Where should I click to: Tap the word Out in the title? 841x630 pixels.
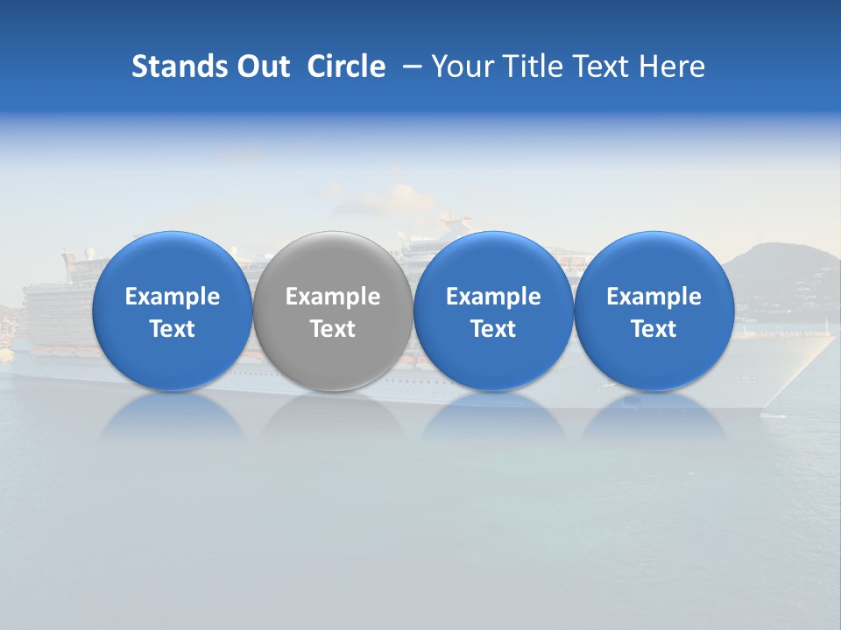260,66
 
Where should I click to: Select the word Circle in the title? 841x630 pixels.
346,66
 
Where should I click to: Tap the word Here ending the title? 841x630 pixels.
672,66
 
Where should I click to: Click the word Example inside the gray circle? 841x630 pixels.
333,297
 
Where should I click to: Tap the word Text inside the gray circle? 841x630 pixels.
333,329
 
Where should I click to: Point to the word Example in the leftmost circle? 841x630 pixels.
172,297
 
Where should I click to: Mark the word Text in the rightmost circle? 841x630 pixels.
654,329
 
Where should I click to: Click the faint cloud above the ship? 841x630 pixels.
385,197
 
